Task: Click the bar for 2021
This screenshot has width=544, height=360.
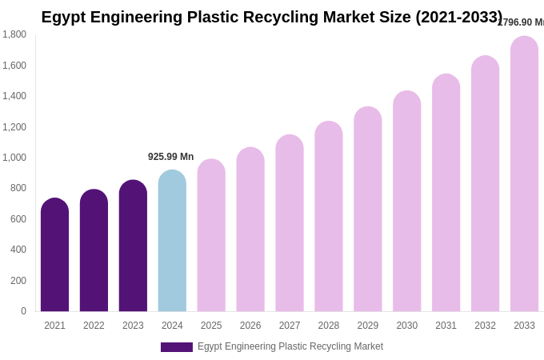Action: pos(54,256)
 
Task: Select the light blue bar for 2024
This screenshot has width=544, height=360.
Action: pos(172,242)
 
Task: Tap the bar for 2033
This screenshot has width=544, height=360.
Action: pos(524,174)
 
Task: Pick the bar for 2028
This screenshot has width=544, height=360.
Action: pos(328,217)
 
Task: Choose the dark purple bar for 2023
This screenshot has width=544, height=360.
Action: pos(133,246)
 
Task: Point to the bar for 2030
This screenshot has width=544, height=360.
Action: pos(406,202)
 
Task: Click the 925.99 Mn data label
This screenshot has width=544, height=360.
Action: pos(170,157)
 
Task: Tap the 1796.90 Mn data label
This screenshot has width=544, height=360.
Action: pos(521,22)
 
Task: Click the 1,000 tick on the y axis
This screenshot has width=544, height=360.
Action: pos(14,158)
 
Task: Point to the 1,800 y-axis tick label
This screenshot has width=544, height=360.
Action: pos(14,34)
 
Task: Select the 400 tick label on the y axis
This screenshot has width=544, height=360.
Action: pos(18,250)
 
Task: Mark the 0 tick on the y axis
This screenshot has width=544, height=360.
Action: pos(23,311)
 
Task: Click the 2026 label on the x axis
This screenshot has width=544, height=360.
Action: pos(250,326)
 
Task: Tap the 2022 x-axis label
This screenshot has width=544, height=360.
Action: pos(94,326)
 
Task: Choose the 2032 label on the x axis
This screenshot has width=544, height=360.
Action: pos(485,326)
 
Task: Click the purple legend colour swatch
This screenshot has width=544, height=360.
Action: pos(176,347)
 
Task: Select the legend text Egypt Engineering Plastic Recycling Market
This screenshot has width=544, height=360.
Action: pos(290,346)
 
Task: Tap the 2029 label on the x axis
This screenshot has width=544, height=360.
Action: pos(368,326)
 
